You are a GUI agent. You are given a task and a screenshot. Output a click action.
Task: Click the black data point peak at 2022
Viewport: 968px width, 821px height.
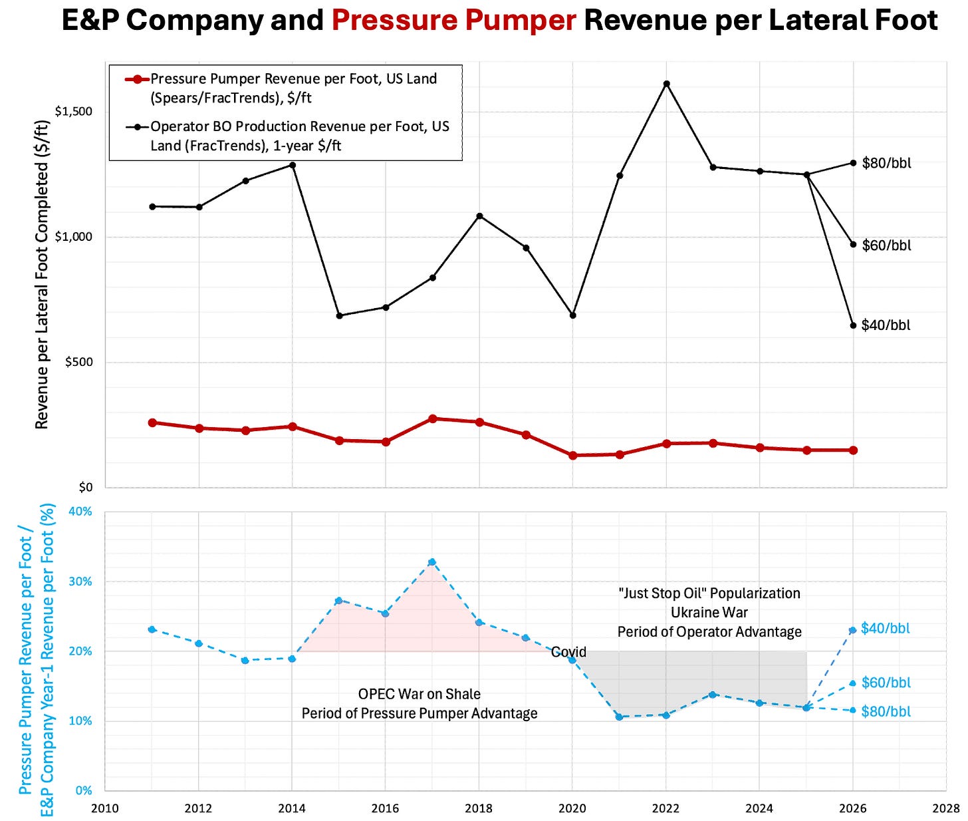click(666, 84)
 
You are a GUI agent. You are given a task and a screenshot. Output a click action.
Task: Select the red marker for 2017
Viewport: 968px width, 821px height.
click(433, 418)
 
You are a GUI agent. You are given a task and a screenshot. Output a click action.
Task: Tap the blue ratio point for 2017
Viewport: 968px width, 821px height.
click(432, 562)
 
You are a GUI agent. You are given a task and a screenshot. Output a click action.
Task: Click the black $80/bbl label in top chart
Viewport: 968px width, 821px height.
click(886, 163)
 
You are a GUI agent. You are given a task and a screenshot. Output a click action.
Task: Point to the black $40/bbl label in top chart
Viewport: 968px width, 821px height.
click(886, 325)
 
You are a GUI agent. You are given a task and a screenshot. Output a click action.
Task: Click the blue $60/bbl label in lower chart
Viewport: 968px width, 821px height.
click(886, 683)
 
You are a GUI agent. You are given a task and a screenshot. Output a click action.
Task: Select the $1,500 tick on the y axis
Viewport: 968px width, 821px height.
click(73, 111)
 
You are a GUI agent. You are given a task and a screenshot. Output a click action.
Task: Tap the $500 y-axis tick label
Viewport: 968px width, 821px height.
click(78, 362)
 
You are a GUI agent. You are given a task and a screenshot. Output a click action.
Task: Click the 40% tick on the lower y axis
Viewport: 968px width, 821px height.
click(80, 512)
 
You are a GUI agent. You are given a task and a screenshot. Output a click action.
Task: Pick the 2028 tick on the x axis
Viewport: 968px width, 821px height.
click(946, 808)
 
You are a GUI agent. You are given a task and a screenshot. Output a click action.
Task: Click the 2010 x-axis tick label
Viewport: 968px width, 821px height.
click(105, 808)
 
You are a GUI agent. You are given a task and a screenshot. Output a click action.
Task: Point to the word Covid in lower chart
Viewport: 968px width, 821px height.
click(568, 652)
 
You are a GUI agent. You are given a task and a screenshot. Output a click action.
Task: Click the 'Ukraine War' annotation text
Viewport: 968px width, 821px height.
click(709, 612)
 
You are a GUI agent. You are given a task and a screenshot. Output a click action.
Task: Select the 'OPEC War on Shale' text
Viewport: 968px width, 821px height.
click(419, 694)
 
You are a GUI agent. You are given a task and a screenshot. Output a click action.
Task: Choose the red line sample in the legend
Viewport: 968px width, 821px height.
click(136, 79)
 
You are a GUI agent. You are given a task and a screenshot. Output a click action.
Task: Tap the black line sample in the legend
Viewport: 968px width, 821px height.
click(136, 127)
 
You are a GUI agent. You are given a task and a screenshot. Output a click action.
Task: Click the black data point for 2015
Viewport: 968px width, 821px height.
click(339, 315)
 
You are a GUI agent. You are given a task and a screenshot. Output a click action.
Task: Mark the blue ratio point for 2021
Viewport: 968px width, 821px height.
click(619, 717)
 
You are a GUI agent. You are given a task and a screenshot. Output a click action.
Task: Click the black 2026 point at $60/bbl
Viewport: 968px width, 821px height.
click(853, 244)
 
